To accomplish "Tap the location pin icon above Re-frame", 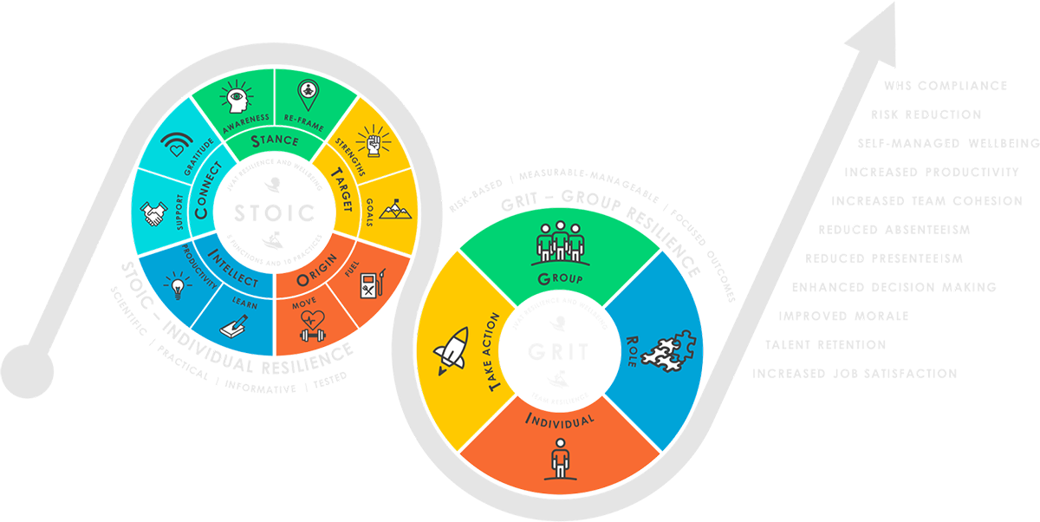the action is coord(308,90).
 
